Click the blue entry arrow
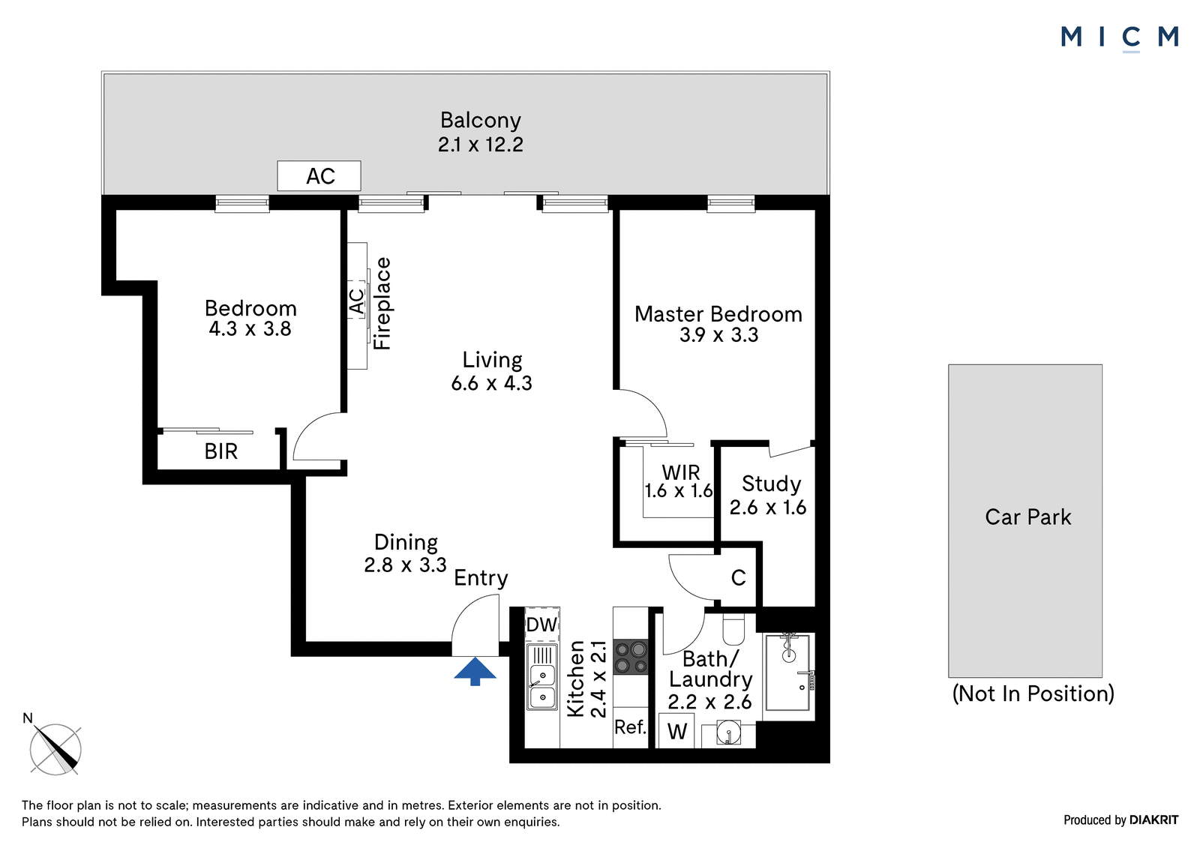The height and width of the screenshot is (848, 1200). point(475,671)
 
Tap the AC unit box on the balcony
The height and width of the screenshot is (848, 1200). point(319,176)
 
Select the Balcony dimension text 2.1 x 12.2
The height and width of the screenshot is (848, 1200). point(480,145)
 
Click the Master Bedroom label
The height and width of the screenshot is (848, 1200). point(718,314)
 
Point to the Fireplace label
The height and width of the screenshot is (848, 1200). point(382,304)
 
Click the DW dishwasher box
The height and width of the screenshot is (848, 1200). point(541,625)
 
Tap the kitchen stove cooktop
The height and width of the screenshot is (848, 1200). point(631,657)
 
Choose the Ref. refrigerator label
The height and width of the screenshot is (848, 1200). point(630,727)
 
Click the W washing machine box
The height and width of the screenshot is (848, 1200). point(676,731)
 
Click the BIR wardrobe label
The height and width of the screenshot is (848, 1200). point(220,451)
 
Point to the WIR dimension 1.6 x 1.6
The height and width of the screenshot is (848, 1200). point(678,491)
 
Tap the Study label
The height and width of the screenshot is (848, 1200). point(771,484)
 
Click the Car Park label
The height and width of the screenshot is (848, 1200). point(1027,517)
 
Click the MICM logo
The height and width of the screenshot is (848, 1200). point(1119,37)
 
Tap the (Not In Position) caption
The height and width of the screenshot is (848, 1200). point(1033,694)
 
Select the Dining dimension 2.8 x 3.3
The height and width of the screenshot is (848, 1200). point(405,565)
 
